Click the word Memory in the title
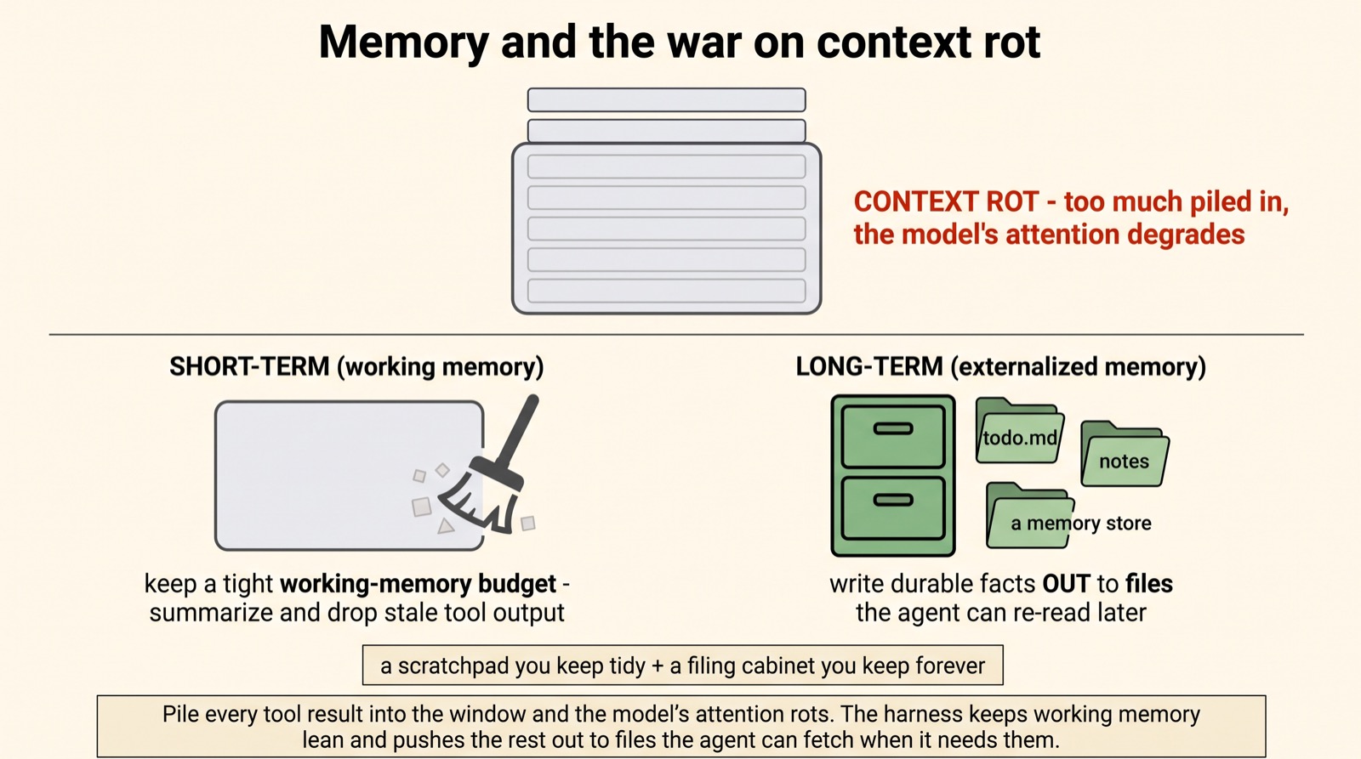click(404, 42)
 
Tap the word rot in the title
click(1012, 42)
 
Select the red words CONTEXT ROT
click(946, 201)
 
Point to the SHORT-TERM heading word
click(249, 366)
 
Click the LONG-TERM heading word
click(869, 366)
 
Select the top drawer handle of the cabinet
click(892, 428)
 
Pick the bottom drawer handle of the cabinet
click(892, 501)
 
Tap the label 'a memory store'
click(1081, 524)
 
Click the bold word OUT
click(1067, 584)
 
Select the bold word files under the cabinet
click(1149, 584)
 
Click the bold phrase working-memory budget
click(418, 584)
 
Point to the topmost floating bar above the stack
click(667, 99)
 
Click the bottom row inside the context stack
click(667, 291)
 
